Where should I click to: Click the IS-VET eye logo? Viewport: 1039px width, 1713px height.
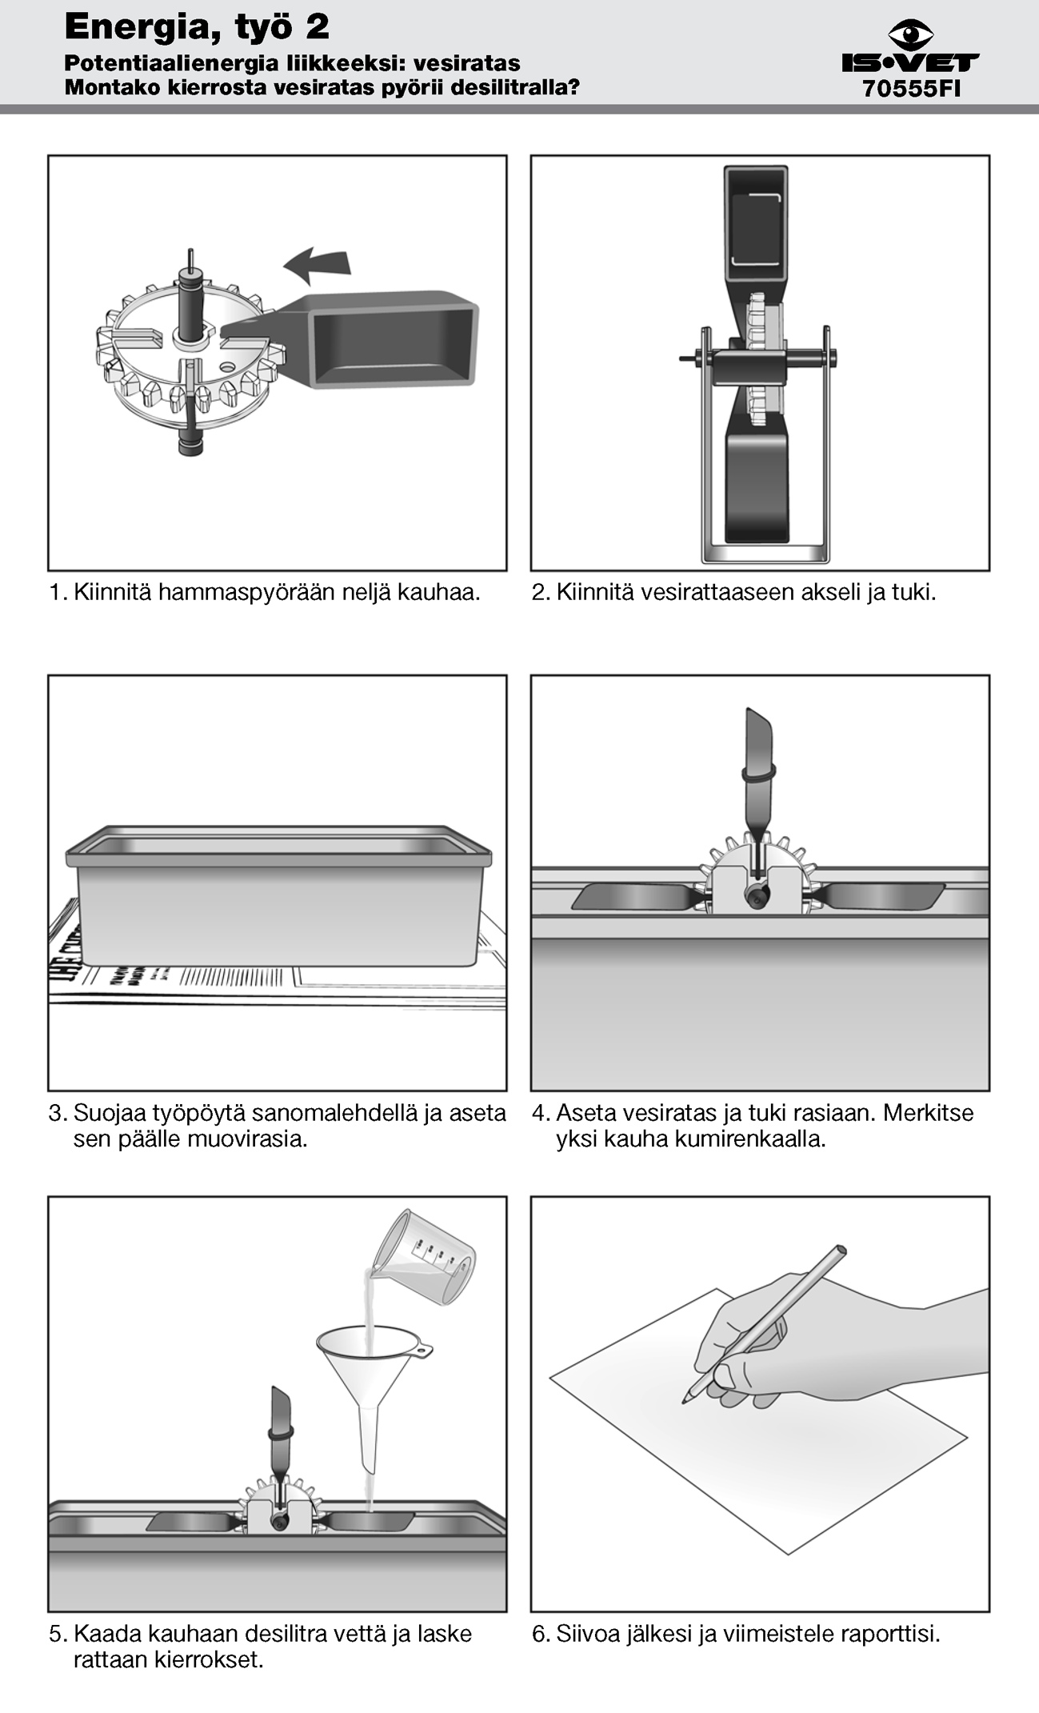910,35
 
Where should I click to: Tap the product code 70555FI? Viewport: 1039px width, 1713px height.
911,89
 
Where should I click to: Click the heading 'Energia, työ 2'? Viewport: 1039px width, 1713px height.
197,27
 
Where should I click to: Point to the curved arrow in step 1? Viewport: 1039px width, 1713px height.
317,265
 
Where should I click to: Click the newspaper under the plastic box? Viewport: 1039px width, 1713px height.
278,972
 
